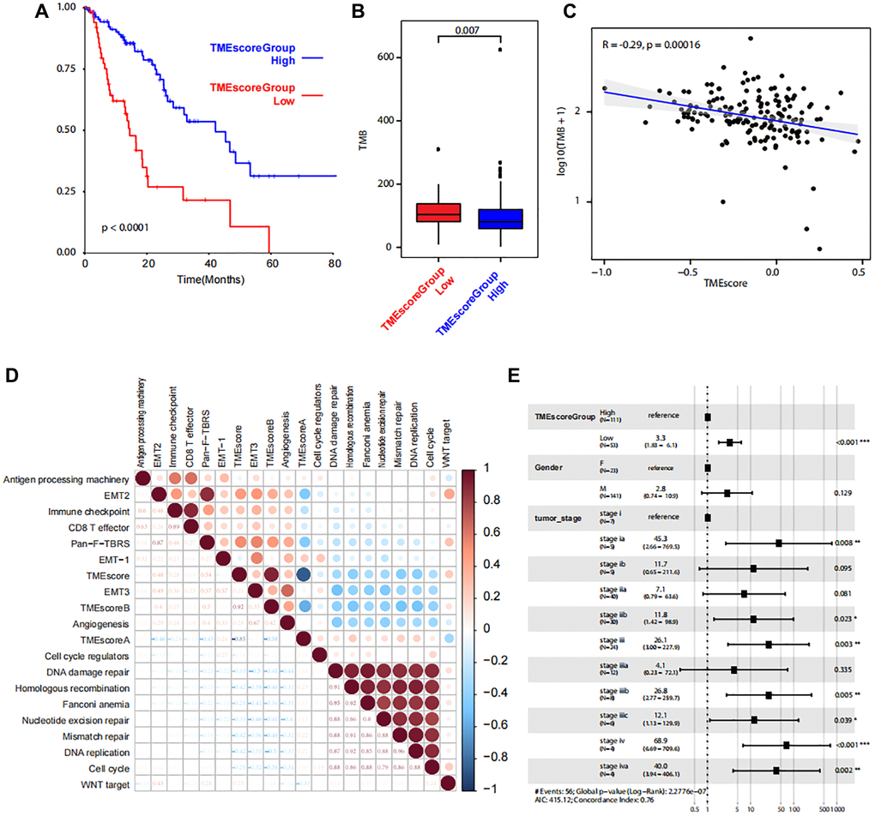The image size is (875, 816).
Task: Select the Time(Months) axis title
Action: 206,279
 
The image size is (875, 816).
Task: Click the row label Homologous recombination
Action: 69,712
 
